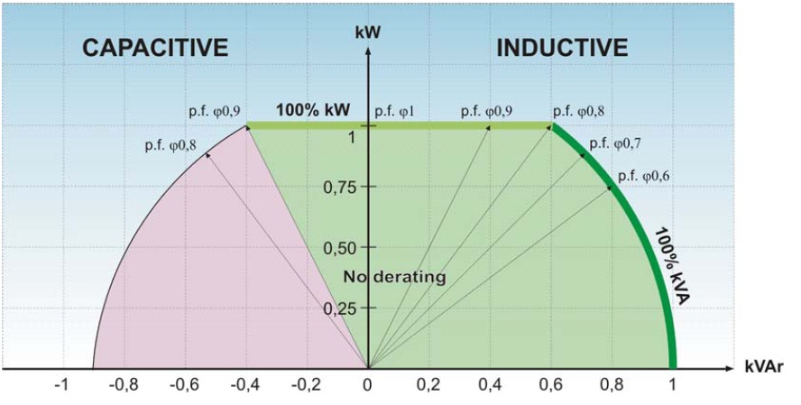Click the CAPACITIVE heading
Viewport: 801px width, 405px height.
[x=155, y=49]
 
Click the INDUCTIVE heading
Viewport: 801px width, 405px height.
[x=562, y=48]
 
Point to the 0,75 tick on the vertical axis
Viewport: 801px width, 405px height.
[x=341, y=187]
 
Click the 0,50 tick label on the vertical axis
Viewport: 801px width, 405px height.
[x=341, y=247]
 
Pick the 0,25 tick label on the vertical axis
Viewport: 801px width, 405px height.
[x=341, y=308]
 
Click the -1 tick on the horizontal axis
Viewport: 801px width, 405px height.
[x=60, y=385]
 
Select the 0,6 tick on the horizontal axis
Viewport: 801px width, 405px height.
[x=550, y=385]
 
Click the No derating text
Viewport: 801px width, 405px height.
[x=395, y=277]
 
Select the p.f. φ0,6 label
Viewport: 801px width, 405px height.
[x=643, y=175]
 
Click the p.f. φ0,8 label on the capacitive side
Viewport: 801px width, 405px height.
[x=170, y=144]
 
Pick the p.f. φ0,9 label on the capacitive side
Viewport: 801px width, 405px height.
[x=214, y=112]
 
